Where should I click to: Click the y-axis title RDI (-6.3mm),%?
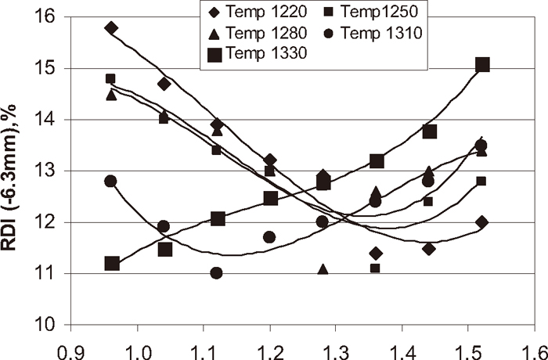click(16, 169)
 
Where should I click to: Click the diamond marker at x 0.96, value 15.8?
click(110, 27)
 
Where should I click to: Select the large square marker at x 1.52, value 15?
click(482, 64)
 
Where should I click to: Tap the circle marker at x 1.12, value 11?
click(216, 273)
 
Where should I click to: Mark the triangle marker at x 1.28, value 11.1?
click(323, 269)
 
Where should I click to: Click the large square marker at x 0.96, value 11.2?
click(112, 263)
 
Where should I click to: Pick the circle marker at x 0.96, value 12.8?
click(110, 181)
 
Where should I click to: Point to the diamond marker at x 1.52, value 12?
click(481, 222)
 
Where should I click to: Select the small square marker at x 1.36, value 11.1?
click(375, 268)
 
